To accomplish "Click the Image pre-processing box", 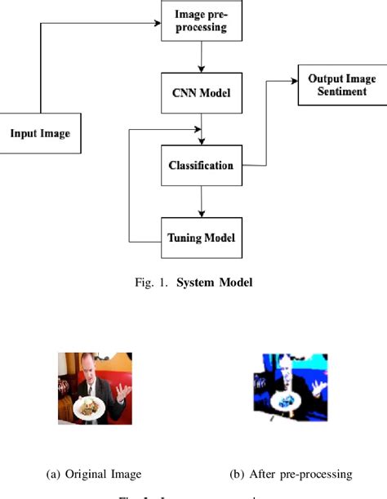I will [x=200, y=21].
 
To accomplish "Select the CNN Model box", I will [x=200, y=93].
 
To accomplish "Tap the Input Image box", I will [x=40, y=133].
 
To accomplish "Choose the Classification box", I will [x=200, y=166].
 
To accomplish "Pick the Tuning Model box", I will [x=200, y=238].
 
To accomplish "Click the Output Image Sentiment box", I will [x=336, y=84].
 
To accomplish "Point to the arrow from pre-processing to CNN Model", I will [x=200, y=57].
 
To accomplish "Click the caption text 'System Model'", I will [x=216, y=283].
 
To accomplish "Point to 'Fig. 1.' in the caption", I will [x=153, y=283].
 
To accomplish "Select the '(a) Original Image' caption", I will [x=95, y=474].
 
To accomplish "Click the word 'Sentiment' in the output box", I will [x=336, y=91].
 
